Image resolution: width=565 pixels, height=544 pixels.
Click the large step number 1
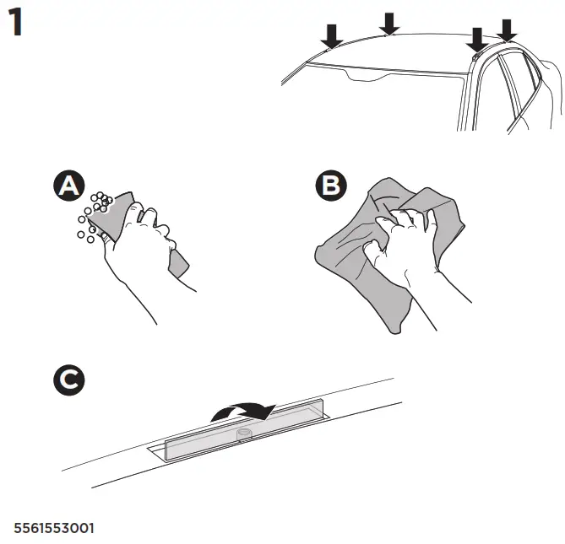pos(16,24)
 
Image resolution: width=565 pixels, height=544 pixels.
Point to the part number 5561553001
pos(54,529)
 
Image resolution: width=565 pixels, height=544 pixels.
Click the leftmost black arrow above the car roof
pos(332,35)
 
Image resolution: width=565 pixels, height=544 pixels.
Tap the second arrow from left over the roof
pos(388,23)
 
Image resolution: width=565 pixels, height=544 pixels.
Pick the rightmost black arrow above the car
pos(507,29)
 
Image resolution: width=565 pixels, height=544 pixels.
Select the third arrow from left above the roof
pos(477,38)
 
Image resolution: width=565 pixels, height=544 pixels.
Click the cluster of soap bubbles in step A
pos(95,215)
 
